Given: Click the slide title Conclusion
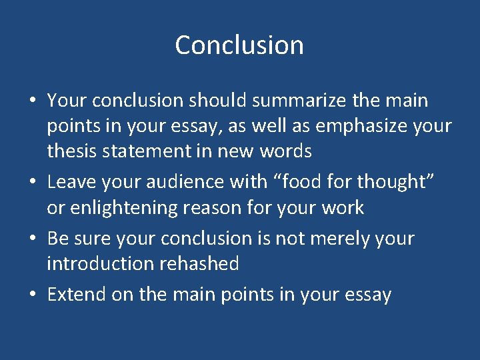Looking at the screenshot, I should coord(239,45).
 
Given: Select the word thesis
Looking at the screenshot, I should coord(69,151).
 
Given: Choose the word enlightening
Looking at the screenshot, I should coord(116,207).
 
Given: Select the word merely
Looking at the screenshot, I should coord(341,238).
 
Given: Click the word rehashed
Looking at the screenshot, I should coord(201,263).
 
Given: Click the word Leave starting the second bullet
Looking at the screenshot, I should coord(69,181).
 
